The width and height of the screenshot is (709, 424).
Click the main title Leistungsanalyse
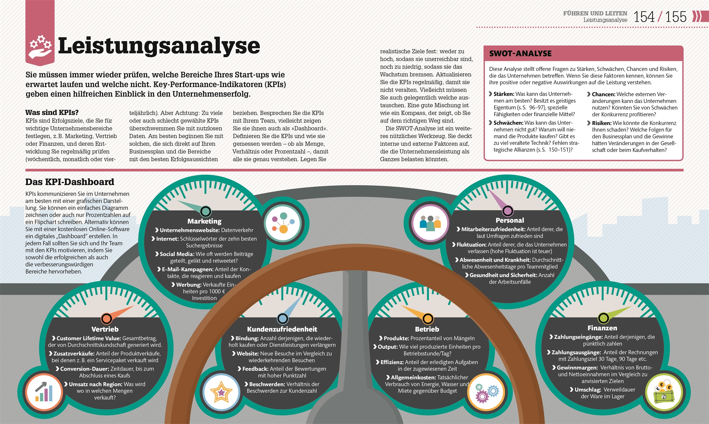[159, 46]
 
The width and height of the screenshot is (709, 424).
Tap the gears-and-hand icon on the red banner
[40, 47]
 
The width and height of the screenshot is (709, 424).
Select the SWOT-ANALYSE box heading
[520, 53]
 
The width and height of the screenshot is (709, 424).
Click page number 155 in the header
[676, 17]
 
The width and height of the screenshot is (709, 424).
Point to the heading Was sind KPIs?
[52, 112]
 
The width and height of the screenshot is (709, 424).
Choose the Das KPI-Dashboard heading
[70, 182]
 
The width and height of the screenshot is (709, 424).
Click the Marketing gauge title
[204, 221]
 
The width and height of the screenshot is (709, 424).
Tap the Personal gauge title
[510, 220]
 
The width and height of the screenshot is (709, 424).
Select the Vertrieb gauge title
[105, 329]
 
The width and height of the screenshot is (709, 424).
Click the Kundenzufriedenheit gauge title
[282, 329]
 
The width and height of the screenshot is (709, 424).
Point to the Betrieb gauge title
[427, 329]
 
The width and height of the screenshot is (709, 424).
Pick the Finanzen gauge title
[602, 328]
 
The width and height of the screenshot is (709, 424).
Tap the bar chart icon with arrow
[44, 392]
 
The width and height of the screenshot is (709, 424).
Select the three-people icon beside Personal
[430, 223]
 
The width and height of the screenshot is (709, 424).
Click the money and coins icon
[664, 392]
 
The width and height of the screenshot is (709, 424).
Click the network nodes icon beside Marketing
[283, 223]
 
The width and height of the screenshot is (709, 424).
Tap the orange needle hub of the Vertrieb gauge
[106, 319]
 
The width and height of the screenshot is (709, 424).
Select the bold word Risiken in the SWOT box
[601, 123]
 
